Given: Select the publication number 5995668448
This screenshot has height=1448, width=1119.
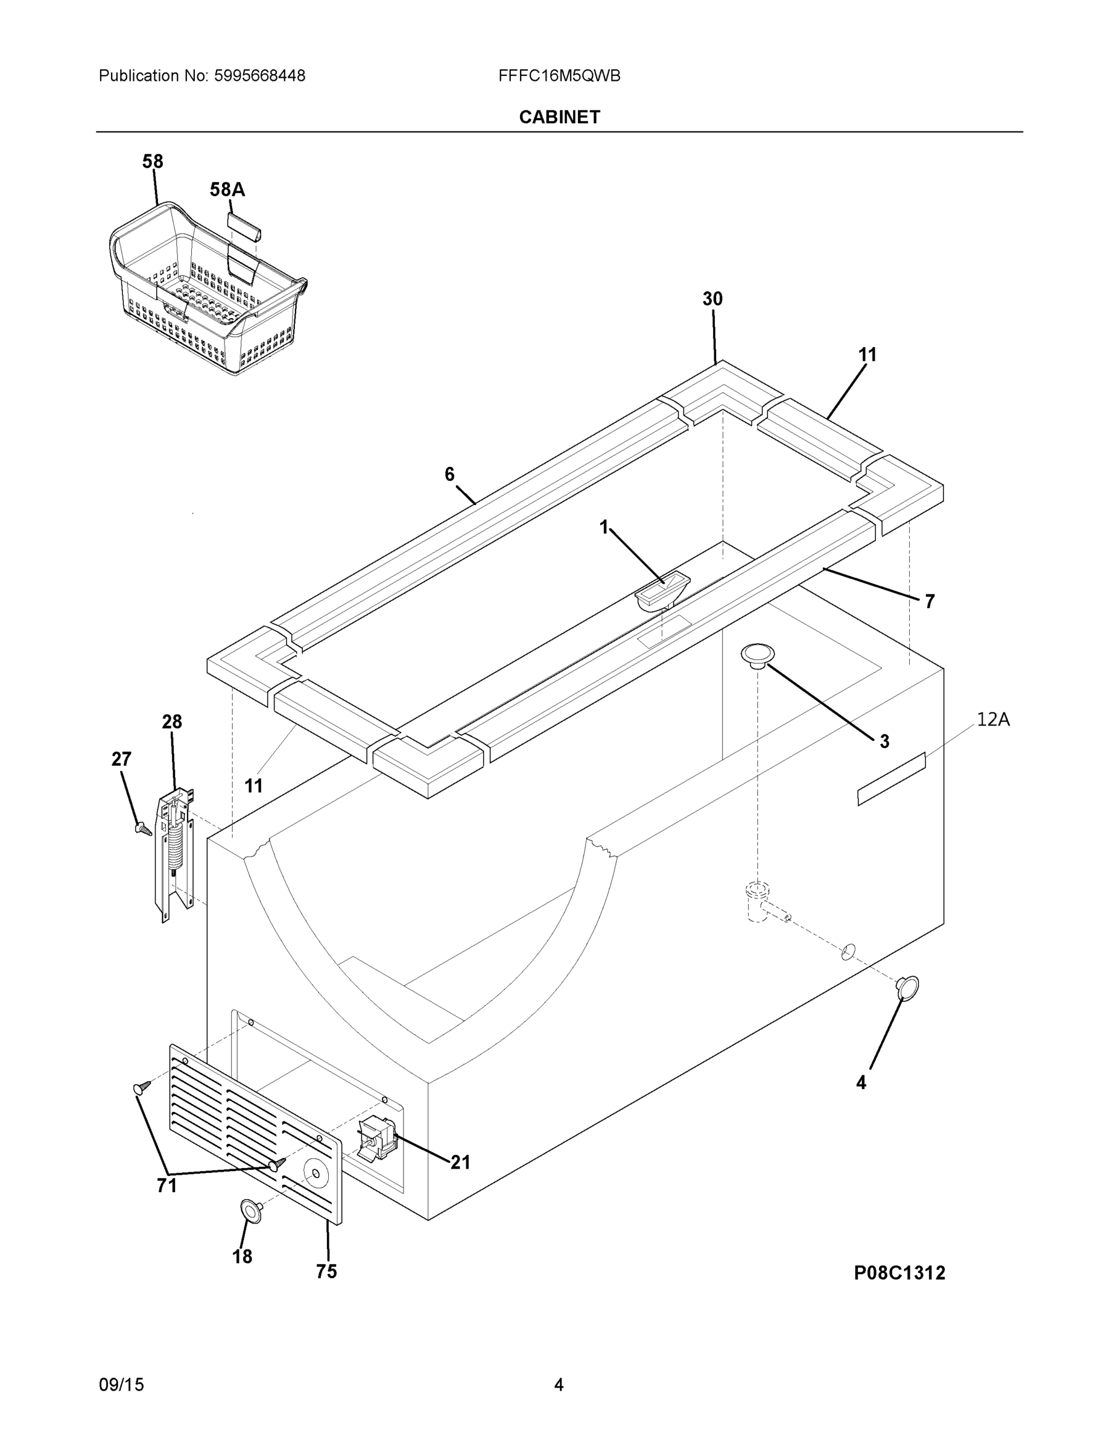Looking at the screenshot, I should click(x=259, y=76).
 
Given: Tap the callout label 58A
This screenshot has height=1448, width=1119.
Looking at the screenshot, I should click(x=227, y=190).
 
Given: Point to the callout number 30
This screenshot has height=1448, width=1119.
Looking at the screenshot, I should click(x=712, y=299).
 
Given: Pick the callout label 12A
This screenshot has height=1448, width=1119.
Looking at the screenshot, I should click(x=992, y=719).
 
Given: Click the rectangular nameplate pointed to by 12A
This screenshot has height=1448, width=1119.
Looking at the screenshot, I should click(x=891, y=779).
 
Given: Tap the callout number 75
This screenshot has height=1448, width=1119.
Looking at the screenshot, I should click(x=326, y=1271).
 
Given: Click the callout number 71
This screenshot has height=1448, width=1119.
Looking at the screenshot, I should click(x=166, y=1186).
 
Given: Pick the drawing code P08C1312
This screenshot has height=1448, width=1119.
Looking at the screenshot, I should click(x=899, y=1272).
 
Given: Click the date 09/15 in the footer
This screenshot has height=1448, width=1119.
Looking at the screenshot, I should click(x=121, y=1385).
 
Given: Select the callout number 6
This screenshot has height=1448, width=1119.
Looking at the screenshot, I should click(x=449, y=474).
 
